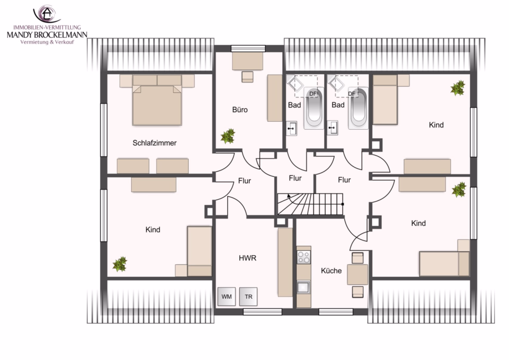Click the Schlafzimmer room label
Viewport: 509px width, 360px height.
[154, 143]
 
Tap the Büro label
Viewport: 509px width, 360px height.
[240, 110]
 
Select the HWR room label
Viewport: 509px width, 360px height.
[247, 258]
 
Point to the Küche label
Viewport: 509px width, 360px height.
[331, 271]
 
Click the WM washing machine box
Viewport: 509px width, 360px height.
[227, 297]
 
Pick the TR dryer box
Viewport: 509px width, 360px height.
[248, 297]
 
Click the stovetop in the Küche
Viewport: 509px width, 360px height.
[304, 258]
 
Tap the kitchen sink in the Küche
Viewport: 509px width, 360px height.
[304, 287]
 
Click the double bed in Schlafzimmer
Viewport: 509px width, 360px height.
[157, 100]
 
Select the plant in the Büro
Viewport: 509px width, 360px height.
[228, 136]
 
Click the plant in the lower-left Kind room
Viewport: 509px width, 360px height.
[120, 264]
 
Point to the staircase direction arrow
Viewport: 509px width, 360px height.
[288, 196]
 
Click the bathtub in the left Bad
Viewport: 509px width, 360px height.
[314, 108]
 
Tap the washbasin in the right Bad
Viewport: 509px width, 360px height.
[333, 128]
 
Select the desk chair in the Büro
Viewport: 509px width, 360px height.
[247, 76]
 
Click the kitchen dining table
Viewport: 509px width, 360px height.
[357, 275]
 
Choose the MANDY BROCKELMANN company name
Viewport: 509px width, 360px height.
[47, 35]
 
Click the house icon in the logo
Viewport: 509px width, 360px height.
[48, 13]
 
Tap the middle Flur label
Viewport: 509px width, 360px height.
[295, 178]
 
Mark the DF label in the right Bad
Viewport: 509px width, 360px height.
[352, 93]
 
